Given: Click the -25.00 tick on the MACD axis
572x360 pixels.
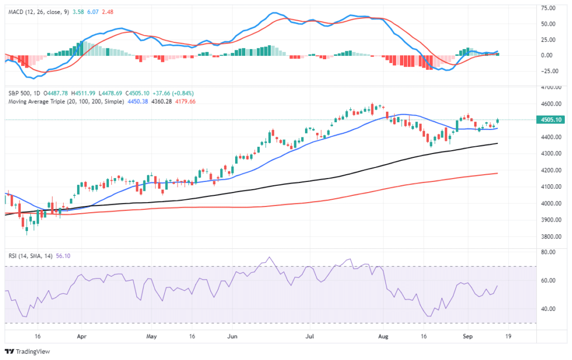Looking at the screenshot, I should [x=550, y=71].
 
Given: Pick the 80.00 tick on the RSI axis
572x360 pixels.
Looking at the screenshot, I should [x=547, y=252].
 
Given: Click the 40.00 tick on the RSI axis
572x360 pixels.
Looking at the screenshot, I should [x=547, y=309].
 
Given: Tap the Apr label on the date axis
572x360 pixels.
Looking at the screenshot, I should [x=82, y=337].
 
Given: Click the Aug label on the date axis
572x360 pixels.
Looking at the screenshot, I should [x=383, y=337].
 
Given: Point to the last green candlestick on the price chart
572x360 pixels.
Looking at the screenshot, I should [x=497, y=121].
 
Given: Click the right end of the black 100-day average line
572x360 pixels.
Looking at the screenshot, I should [x=498, y=143].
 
